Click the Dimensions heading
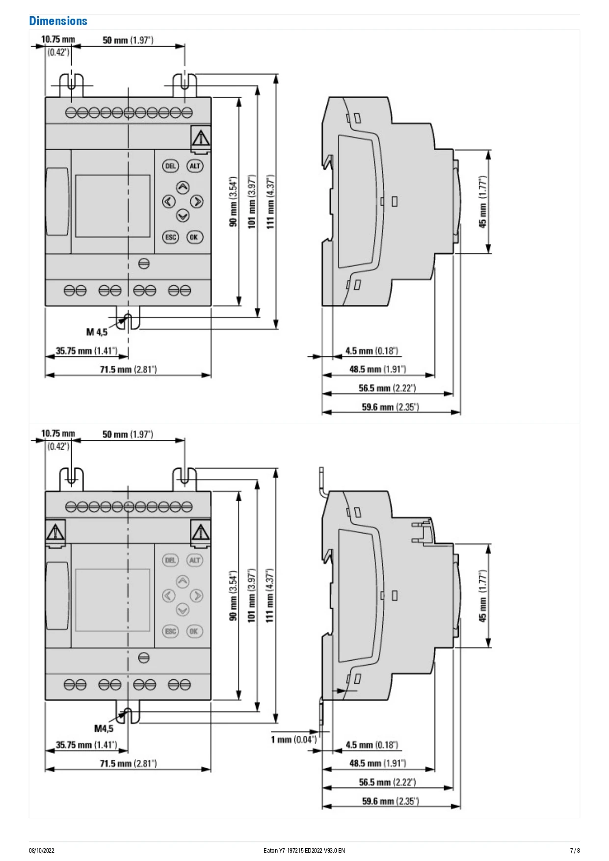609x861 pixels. [x=58, y=21]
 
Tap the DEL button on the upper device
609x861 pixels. [x=170, y=166]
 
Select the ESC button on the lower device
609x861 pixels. [x=170, y=631]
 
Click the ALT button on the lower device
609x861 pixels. [x=195, y=560]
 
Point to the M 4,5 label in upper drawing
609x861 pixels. [x=97, y=332]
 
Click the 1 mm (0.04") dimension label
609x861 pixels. [x=294, y=739]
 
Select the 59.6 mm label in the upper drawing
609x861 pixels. [x=390, y=407]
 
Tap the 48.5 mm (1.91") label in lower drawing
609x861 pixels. [x=377, y=763]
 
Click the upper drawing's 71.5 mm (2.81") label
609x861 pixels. [x=128, y=369]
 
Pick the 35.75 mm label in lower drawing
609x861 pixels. [x=86, y=745]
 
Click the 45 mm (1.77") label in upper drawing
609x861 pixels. [x=483, y=202]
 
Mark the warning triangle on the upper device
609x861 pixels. [x=200, y=138]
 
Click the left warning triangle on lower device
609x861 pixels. [x=55, y=532]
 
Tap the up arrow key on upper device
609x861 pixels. [x=183, y=188]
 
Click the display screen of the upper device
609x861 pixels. [x=112, y=206]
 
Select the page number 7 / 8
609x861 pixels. [x=575, y=850]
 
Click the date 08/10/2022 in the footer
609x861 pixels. [x=42, y=850]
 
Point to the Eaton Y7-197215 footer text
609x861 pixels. [x=304, y=850]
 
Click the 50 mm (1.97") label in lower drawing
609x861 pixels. [x=128, y=434]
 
